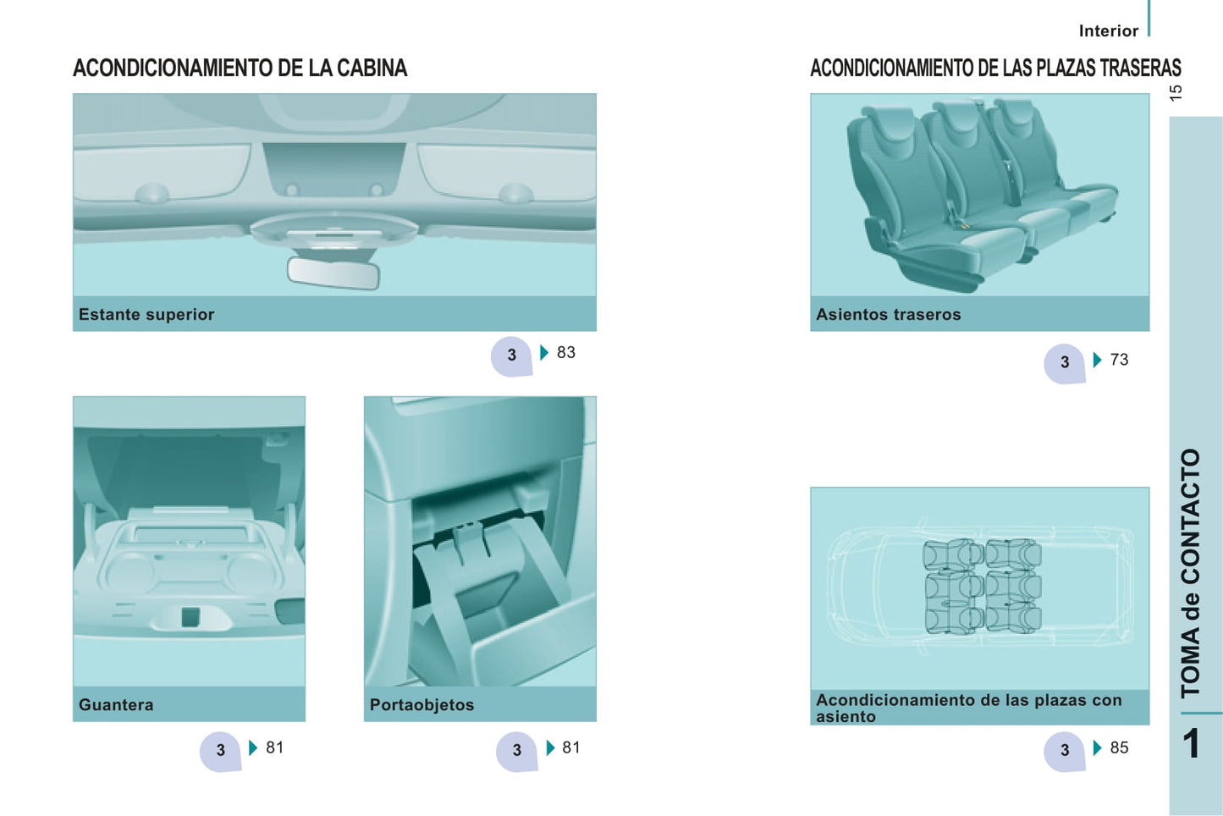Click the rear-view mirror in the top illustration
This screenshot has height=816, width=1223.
point(333,273)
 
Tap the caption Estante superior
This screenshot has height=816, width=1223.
point(146,314)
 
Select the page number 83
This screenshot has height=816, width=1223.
point(566,353)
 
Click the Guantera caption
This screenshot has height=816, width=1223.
point(116,704)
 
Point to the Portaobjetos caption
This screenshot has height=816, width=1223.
point(422,704)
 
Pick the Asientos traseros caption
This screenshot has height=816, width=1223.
point(889,314)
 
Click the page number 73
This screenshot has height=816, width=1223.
point(1119,360)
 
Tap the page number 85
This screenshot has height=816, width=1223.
point(1119,747)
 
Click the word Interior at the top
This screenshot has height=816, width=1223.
point(1109,31)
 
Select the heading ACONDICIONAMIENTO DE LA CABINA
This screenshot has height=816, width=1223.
point(240,69)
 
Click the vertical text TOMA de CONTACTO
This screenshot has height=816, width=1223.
point(1191,574)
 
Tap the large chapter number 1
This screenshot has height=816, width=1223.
point(1192,744)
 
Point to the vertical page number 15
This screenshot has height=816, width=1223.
point(1176,93)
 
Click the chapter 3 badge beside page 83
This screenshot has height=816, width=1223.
point(511,356)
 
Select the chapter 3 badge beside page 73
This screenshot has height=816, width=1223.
point(1065,363)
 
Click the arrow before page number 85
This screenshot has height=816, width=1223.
point(1098,747)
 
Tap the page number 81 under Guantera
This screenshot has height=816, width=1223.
point(275,747)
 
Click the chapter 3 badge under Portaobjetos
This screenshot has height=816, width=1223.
point(516,752)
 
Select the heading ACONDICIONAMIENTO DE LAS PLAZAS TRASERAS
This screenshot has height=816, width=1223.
point(995,69)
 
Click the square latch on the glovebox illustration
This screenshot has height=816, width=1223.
point(190,617)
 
